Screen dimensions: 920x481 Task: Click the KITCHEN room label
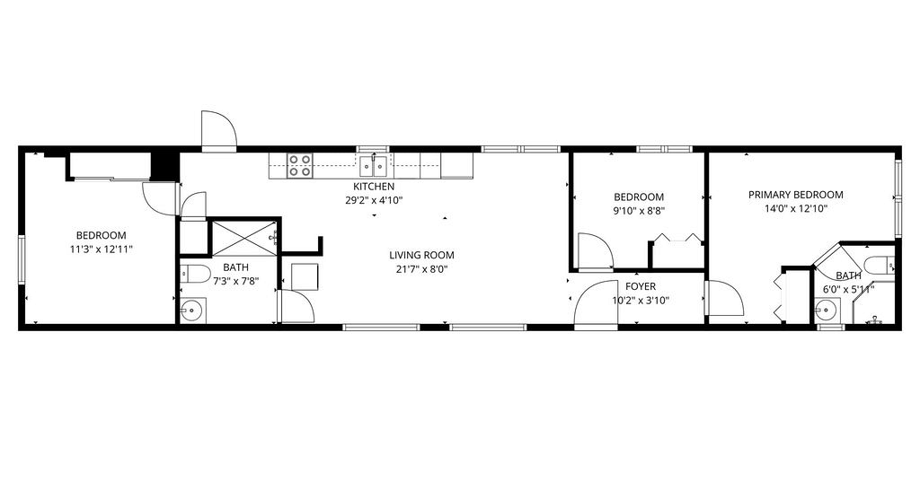tap(374, 187)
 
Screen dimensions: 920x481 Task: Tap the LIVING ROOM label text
tap(421, 256)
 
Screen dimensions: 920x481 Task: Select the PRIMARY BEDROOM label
tap(796, 195)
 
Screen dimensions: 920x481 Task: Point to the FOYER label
tap(640, 286)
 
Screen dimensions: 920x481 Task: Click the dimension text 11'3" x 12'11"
tap(101, 249)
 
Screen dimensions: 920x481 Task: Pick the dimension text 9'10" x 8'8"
tap(639, 211)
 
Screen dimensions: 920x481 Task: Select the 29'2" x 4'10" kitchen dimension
tap(374, 200)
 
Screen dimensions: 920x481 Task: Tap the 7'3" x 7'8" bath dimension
tap(235, 281)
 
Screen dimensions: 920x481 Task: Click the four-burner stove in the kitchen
tap(299, 166)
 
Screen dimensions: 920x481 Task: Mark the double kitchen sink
tap(374, 166)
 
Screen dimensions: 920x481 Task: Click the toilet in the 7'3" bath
tap(195, 273)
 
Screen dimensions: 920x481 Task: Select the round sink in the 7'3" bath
tap(192, 310)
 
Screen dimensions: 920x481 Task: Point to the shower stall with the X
tap(243, 238)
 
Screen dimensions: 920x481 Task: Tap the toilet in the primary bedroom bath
tap(880, 265)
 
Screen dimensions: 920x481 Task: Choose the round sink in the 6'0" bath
tap(827, 310)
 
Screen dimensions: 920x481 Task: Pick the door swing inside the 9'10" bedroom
tap(595, 250)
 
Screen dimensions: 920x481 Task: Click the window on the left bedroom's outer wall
tap(22, 259)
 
